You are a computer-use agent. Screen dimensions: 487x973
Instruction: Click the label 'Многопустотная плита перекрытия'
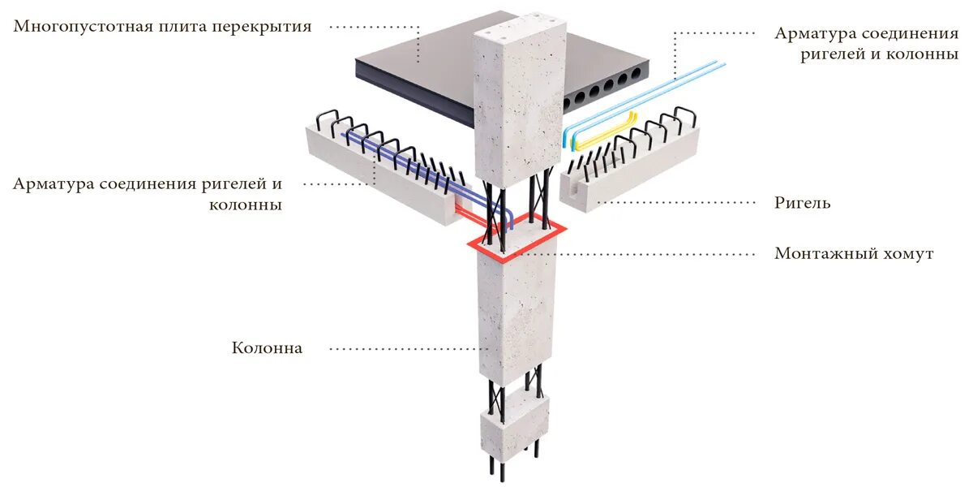tap(162, 27)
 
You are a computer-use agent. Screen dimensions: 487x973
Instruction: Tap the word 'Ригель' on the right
tap(802, 202)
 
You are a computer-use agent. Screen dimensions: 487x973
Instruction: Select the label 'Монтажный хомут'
tap(854, 254)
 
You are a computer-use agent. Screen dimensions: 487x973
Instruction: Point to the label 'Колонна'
tap(267, 348)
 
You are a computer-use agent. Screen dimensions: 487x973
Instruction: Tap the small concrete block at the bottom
tap(514, 426)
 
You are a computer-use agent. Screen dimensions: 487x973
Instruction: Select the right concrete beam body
tap(641, 175)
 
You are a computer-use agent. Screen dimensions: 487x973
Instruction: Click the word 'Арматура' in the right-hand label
tap(812, 33)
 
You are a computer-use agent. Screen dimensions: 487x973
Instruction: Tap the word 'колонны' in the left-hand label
tap(245, 205)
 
